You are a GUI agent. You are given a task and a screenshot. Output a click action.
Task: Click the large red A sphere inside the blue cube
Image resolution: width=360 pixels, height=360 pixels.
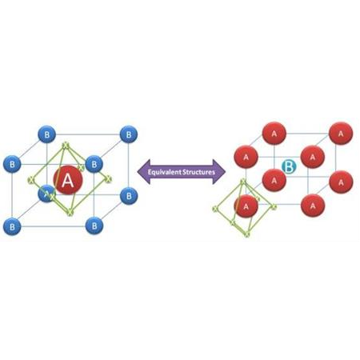pos(68,182)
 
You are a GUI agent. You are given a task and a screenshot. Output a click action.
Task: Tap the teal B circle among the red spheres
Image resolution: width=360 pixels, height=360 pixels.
pos(290,167)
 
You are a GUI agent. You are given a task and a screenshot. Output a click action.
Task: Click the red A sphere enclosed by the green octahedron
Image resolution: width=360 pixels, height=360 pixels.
pos(246,206)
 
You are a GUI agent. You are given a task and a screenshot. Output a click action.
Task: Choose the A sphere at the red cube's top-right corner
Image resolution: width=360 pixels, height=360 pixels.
pos(340,132)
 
